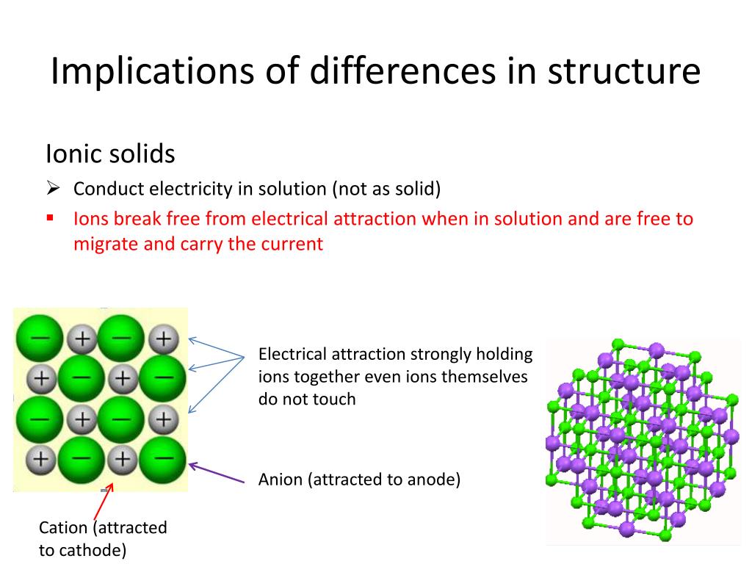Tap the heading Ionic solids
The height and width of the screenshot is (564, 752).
pos(110,154)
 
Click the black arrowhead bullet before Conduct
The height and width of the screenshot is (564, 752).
pos(52,189)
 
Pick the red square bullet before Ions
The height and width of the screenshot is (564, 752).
pos(50,218)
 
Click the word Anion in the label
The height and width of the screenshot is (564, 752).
pos(281,480)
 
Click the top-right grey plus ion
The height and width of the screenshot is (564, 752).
pos(164,339)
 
